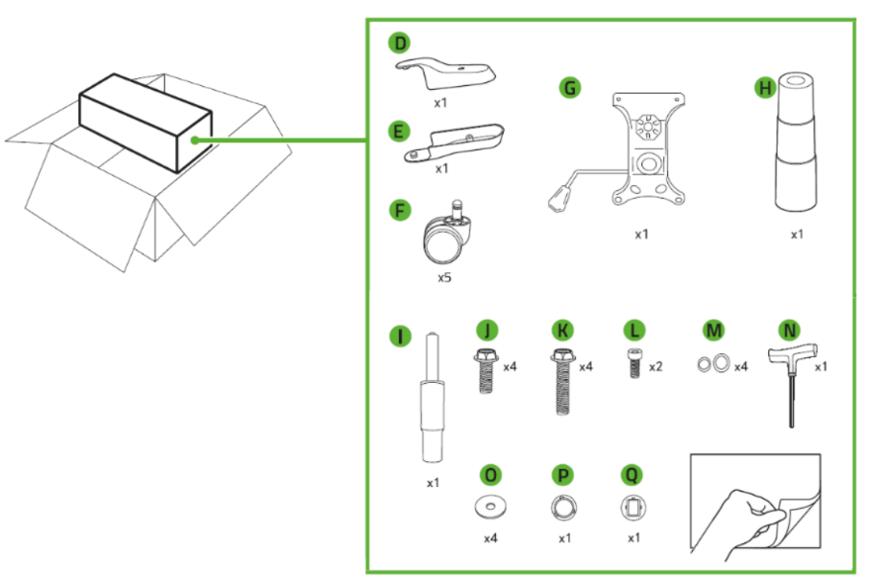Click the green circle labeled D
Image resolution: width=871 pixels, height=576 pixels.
[398, 44]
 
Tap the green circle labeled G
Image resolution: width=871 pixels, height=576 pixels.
[569, 88]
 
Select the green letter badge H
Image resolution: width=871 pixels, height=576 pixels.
[764, 88]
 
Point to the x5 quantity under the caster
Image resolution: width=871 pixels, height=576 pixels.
[444, 278]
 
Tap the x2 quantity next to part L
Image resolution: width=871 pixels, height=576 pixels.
[656, 366]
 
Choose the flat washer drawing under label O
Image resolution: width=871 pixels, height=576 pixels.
[489, 507]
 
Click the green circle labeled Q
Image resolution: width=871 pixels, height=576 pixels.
[631, 474]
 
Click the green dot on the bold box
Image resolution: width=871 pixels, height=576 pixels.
[196, 141]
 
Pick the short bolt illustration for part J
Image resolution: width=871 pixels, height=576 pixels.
[486, 370]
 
